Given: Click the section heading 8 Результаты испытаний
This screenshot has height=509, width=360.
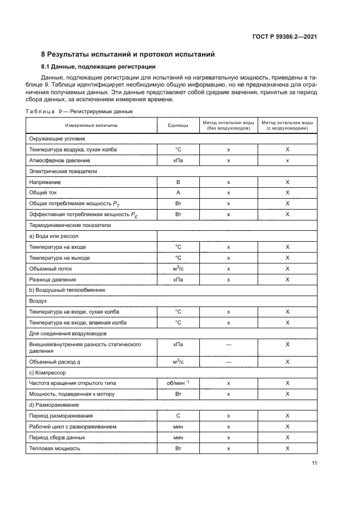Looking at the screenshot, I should click(128, 54).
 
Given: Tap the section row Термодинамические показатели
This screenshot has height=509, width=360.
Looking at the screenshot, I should click(70, 225).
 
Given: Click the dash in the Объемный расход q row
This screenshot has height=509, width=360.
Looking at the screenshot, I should click(228, 361).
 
